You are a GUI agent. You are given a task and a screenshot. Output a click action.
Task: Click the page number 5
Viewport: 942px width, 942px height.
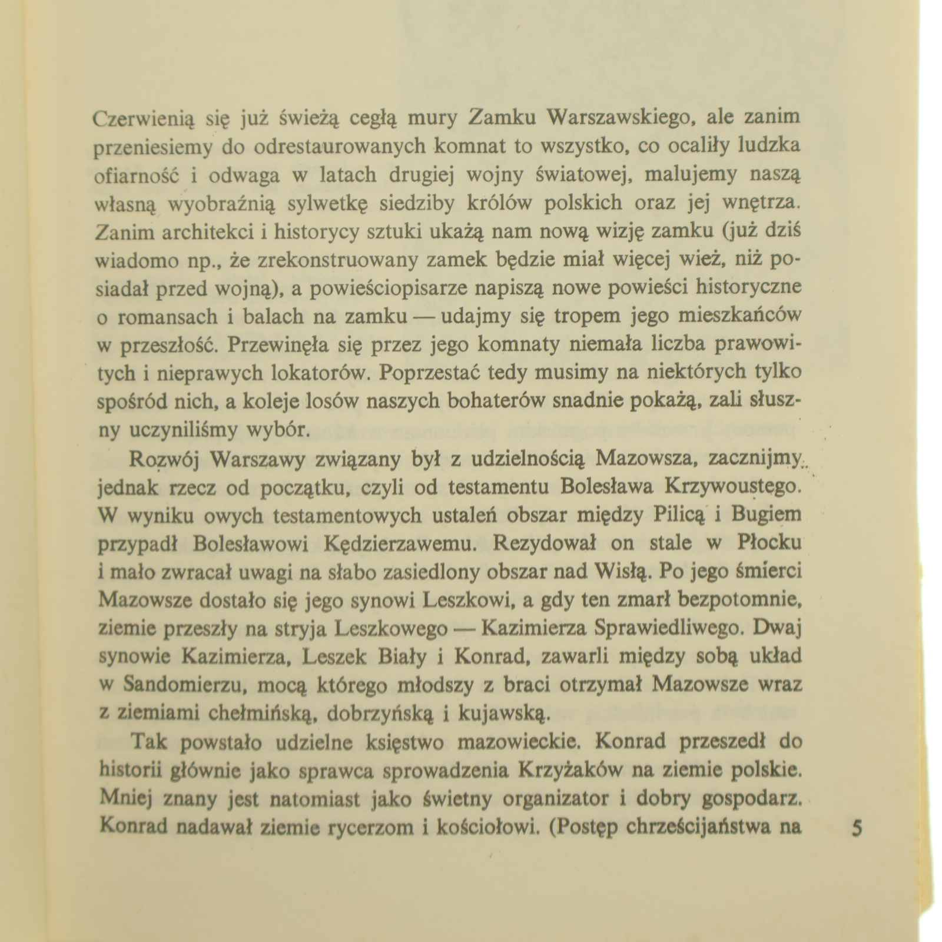[857, 830]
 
